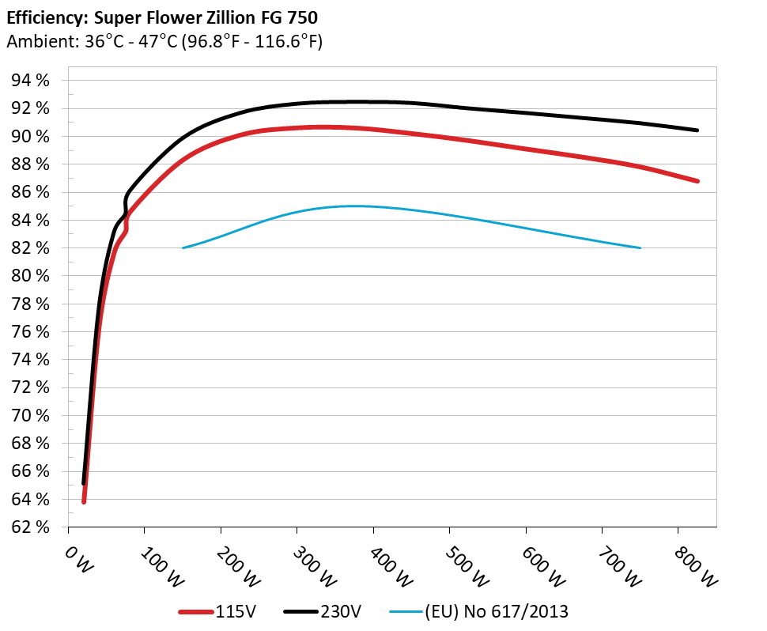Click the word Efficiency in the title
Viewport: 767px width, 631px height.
coord(42,15)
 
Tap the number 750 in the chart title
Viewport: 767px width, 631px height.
coord(304,15)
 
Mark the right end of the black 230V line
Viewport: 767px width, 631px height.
coord(697,130)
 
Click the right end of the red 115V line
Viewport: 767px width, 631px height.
coord(697,181)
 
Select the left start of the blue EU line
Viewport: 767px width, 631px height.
coord(183,247)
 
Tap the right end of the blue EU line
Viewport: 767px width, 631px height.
coord(640,247)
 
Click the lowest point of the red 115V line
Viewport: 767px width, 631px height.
coord(84,501)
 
